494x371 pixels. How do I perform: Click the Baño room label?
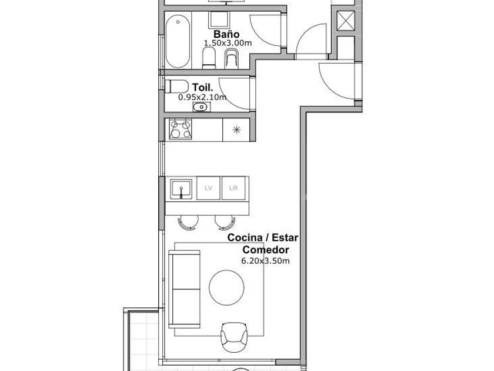click(x=226, y=34)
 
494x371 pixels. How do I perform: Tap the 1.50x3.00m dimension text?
click(x=228, y=43)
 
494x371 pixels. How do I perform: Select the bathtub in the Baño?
click(x=178, y=42)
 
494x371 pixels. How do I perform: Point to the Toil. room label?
click(x=202, y=87)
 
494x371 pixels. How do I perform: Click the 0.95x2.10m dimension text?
click(x=202, y=97)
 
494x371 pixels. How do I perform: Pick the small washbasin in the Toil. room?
click(x=201, y=107)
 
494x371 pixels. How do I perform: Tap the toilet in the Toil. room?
click(x=176, y=87)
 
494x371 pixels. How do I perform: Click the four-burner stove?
click(x=180, y=129)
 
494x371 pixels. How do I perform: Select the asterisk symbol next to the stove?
click(x=236, y=130)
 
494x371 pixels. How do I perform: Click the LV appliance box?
click(x=208, y=188)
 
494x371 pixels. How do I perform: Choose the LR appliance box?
click(x=233, y=188)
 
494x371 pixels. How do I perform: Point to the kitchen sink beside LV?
click(x=181, y=189)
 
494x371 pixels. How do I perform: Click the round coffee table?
click(x=226, y=287)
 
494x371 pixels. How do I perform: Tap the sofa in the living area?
click(x=185, y=289)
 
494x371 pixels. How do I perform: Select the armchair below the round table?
click(x=234, y=337)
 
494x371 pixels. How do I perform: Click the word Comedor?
click(x=266, y=250)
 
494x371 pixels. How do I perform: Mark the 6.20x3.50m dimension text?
click(x=265, y=261)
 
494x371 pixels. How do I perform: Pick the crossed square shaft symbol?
click(x=346, y=21)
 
